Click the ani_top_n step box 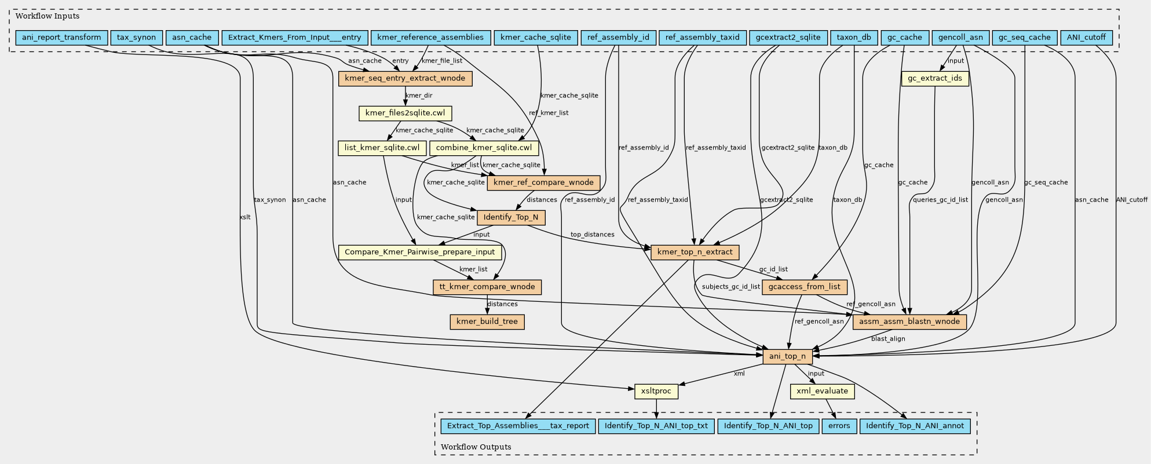pyautogui.click(x=787, y=356)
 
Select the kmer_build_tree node pyautogui.click(x=487, y=321)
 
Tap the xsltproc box pyautogui.click(x=656, y=391)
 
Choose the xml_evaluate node pyautogui.click(x=822, y=391)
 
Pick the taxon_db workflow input pyautogui.click(x=854, y=38)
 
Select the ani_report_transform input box pyautogui.click(x=61, y=38)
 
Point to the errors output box pyautogui.click(x=839, y=426)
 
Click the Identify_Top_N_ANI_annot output pyautogui.click(x=915, y=426)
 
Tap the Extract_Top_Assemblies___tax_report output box pyautogui.click(x=518, y=426)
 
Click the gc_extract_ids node pyautogui.click(x=935, y=78)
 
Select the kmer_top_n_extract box pyautogui.click(x=695, y=252)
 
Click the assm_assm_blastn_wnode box pyautogui.click(x=909, y=321)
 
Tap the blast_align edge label pyautogui.click(x=888, y=339)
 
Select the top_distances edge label pyautogui.click(x=592, y=235)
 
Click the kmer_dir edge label pyautogui.click(x=419, y=96)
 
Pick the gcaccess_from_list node pyautogui.click(x=805, y=287)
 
